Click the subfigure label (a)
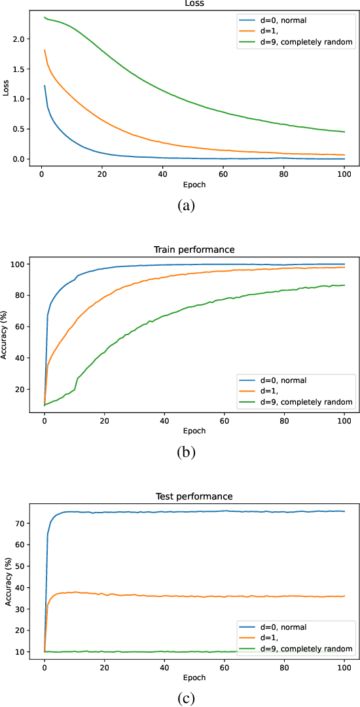click(x=186, y=206)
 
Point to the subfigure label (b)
click(x=186, y=452)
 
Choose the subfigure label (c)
click(x=186, y=698)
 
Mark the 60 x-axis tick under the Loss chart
click(x=224, y=174)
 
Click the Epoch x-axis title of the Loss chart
click(x=194, y=185)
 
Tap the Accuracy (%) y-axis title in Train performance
click(x=5, y=335)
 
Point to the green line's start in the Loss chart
click(x=45, y=18)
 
